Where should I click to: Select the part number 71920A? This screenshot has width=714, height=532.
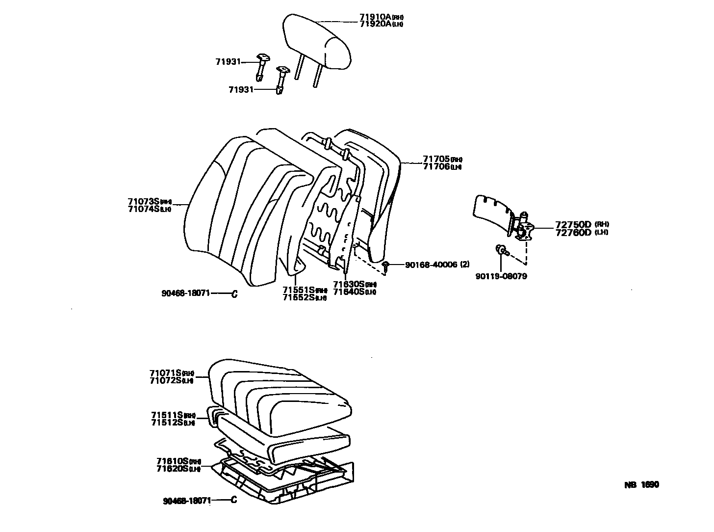pos(375,24)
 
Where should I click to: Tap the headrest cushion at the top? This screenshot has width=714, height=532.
pos(318,42)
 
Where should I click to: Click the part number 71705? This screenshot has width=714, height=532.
pos(436,159)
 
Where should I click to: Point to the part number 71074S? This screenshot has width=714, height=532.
pos(144,209)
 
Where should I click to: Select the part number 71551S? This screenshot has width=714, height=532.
pos(299,290)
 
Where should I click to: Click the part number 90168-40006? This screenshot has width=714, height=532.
pos(431,265)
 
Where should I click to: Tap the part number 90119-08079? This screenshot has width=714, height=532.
pos(501,276)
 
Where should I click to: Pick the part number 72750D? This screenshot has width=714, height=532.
pos(573,225)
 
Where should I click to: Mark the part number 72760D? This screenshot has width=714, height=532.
pos(573,232)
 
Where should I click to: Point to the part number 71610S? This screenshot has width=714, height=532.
pos(173,461)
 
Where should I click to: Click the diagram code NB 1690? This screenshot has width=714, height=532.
pos(641,484)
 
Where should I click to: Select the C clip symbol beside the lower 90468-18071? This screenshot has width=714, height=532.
pos(234,501)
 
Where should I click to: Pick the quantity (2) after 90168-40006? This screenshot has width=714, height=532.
pos(464,265)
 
